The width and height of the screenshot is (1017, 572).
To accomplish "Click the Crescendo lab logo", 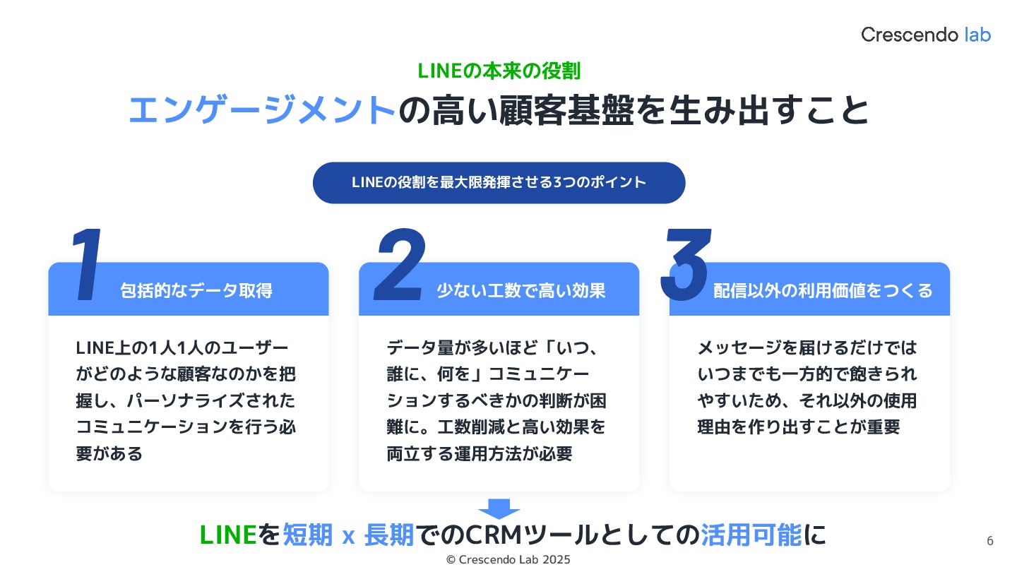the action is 925,34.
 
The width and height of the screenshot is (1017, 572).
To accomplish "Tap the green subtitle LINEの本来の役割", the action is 499,71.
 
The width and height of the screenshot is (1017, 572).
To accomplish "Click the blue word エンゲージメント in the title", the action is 261,110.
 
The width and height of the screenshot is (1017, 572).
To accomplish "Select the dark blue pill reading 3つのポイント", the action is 499,182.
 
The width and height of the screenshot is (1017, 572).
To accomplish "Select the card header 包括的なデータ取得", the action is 196,290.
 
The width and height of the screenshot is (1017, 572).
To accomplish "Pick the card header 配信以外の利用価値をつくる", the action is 823,290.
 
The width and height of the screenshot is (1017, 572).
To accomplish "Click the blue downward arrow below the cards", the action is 499,508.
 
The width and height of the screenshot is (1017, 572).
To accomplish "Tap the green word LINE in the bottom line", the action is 227,535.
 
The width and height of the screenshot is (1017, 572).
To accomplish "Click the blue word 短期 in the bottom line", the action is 308,535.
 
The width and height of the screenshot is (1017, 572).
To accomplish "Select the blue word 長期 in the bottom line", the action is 389,535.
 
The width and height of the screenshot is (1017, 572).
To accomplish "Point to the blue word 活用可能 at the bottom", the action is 751,535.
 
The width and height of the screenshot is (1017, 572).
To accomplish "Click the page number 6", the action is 989,542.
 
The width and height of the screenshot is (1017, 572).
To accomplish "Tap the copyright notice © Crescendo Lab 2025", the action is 509,559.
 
